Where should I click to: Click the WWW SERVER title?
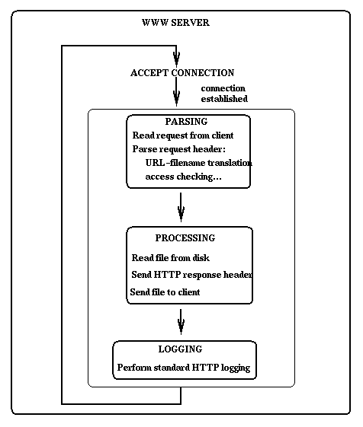coord(175,23)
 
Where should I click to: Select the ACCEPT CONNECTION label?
coord(182,73)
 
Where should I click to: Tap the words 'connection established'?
coord(223,94)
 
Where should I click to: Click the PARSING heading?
coord(186,122)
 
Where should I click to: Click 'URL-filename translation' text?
coord(198,163)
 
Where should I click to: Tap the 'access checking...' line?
coord(184,177)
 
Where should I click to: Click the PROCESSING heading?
coord(185,238)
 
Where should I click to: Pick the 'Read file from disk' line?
coord(170,258)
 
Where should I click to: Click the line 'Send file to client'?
coord(165,292)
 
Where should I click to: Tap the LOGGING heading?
coord(180,349)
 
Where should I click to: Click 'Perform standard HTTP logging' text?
coord(183,368)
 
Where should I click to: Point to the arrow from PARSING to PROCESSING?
coord(181,205)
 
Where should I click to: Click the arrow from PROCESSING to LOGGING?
coord(181,321)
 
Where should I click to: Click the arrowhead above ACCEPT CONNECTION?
coord(177,58)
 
